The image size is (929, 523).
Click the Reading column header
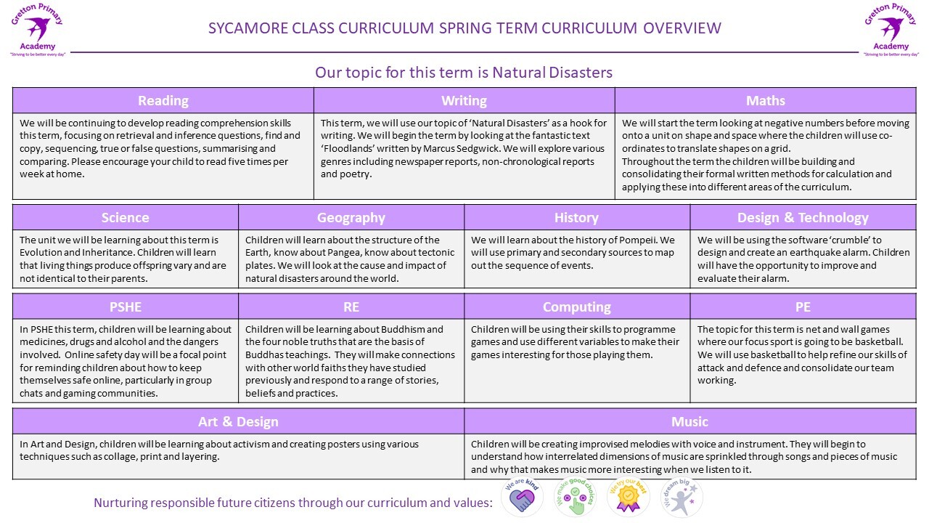(163, 101)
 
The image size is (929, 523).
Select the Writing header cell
(464, 101)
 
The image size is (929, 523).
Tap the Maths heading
(765, 101)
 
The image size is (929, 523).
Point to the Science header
(125, 218)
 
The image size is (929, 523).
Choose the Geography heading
(351, 218)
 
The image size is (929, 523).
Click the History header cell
(576, 218)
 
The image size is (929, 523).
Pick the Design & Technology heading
(803, 218)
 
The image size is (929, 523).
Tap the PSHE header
(125, 307)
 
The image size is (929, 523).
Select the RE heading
(351, 307)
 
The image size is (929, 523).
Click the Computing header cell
(576, 307)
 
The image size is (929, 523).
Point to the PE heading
(803, 307)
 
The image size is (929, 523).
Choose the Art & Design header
(238, 421)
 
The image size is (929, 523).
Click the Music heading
(689, 421)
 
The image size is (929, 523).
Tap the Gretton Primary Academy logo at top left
(37, 29)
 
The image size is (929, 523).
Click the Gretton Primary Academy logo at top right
(891, 29)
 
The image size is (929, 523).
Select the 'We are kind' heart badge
(522, 498)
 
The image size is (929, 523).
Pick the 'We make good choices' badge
(575, 498)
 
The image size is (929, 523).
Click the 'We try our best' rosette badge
(628, 498)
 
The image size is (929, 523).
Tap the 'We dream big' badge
(681, 498)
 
